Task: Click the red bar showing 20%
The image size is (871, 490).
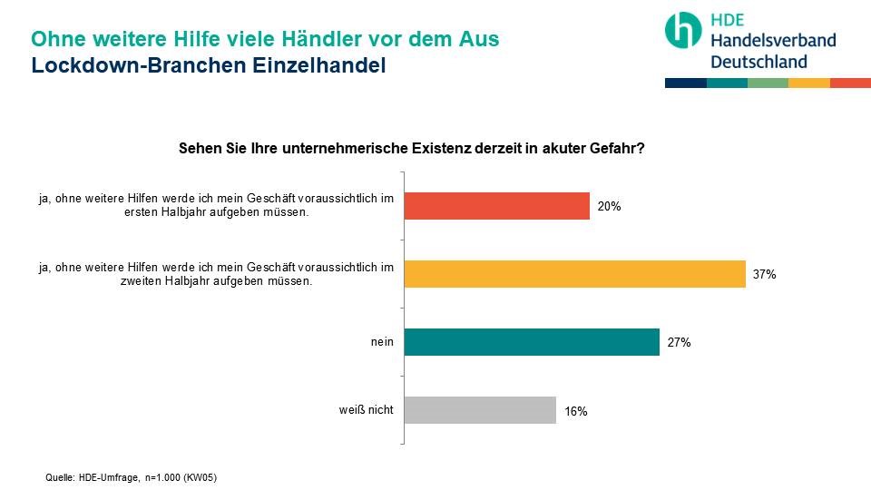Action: (x=496, y=206)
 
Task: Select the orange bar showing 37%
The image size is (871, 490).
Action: (x=574, y=274)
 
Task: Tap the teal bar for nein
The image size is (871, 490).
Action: (x=531, y=342)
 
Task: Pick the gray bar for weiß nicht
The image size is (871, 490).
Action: (x=479, y=410)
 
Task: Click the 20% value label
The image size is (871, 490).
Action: (x=609, y=207)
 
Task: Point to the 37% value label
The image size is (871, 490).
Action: (x=764, y=275)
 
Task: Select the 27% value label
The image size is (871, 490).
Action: (x=679, y=343)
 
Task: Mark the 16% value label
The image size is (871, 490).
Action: (x=575, y=411)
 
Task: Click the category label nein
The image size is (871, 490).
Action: (x=382, y=342)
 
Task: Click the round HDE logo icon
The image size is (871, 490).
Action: (x=683, y=31)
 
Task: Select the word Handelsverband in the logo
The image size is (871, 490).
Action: (x=772, y=41)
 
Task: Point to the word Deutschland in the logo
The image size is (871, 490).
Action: (x=758, y=62)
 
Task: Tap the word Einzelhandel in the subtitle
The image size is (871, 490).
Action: (x=313, y=66)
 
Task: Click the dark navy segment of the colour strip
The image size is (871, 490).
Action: (x=685, y=83)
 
